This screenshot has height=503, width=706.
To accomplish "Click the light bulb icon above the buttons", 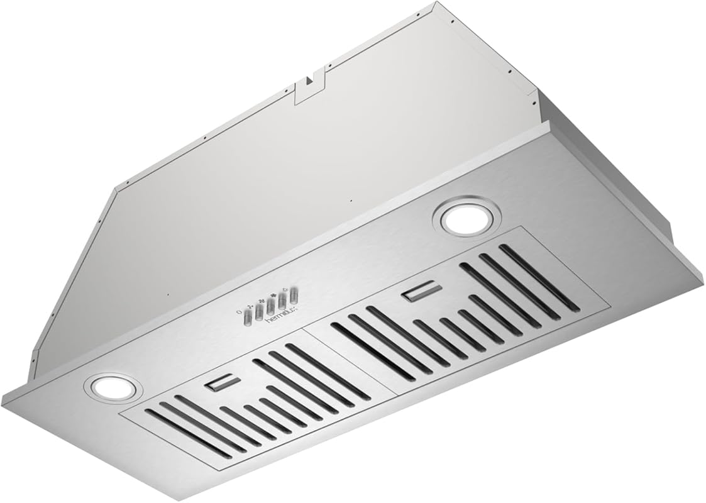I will click(x=285, y=289).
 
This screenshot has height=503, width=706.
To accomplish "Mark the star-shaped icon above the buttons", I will click(x=274, y=294).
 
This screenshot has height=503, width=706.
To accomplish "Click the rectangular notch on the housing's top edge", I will click(x=309, y=86).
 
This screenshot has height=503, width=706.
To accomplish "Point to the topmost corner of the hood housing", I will click(x=434, y=3).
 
